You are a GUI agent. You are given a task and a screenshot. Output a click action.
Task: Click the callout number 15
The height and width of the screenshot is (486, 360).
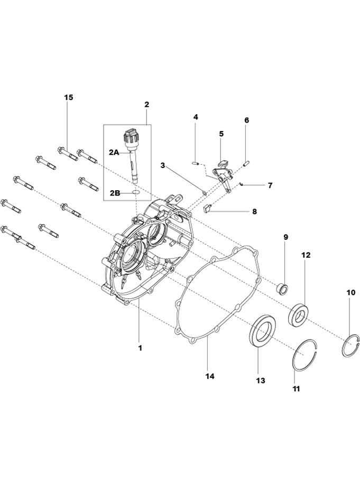(69, 98)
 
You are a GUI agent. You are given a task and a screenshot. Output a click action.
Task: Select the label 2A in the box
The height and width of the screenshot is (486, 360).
(115, 152)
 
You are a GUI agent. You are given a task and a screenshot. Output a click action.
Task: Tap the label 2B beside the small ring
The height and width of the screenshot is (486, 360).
(115, 193)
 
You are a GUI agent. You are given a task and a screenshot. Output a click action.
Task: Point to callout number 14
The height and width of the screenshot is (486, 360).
(210, 376)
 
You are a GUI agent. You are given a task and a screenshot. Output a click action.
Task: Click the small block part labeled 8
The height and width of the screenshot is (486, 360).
(208, 208)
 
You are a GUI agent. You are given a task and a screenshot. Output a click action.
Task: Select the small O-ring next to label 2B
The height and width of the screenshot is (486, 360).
(135, 193)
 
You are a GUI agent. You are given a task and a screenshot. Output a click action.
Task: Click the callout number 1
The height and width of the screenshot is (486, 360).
(140, 348)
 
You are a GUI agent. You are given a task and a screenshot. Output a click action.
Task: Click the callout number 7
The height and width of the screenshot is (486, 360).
(270, 186)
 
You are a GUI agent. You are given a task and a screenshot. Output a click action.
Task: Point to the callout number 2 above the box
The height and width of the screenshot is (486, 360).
(147, 104)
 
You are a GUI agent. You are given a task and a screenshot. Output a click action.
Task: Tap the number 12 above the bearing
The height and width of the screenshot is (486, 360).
(306, 255)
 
